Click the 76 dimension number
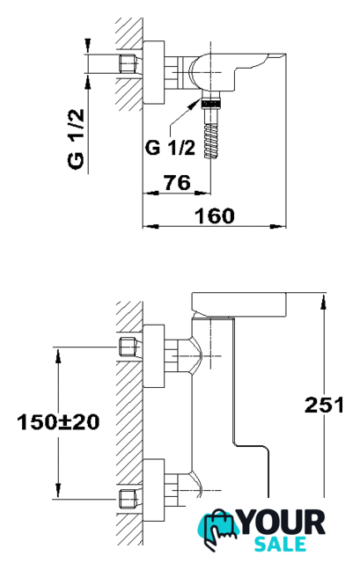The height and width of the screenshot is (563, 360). click(x=178, y=182)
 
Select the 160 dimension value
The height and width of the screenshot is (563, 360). click(x=215, y=216)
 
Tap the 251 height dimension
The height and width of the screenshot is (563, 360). click(x=325, y=405)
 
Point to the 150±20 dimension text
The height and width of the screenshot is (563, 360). click(x=58, y=422)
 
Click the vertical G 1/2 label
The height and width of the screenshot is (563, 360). click(x=77, y=139)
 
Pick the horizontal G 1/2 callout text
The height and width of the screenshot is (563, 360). click(x=170, y=147)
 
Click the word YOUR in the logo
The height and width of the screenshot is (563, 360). click(x=282, y=523)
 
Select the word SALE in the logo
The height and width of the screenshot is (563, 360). click(x=280, y=544)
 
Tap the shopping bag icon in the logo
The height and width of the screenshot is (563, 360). click(x=219, y=527)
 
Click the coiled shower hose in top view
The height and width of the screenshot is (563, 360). click(x=211, y=141)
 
